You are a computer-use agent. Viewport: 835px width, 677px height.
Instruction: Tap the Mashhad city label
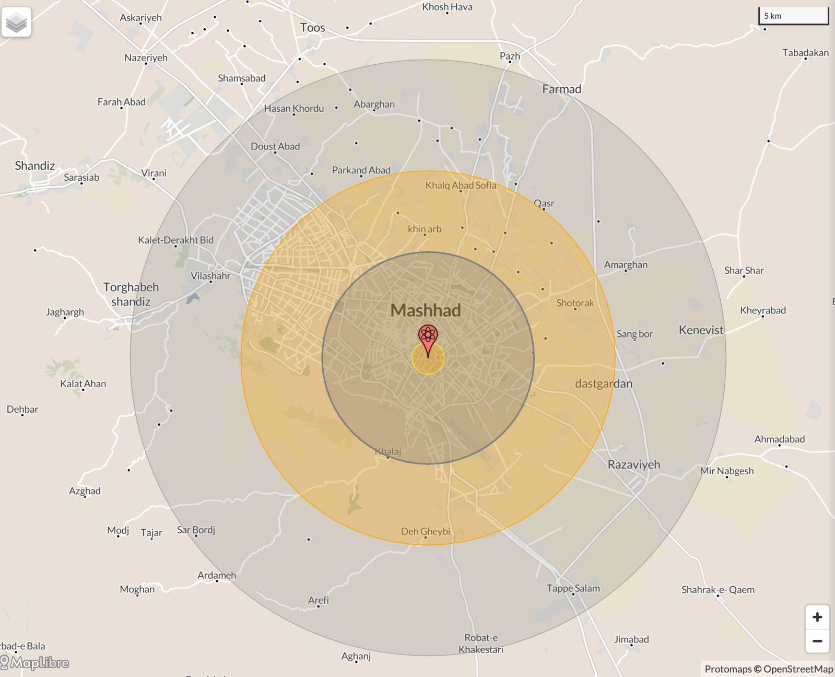(426, 310)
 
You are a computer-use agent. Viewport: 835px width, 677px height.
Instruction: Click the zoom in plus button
(817, 617)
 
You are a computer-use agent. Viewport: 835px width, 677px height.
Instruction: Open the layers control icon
(16, 22)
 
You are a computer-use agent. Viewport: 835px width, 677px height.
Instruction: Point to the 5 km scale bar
(793, 16)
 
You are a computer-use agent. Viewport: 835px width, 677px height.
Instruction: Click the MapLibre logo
(35, 663)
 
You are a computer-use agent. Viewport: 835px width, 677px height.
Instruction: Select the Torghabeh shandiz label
(131, 294)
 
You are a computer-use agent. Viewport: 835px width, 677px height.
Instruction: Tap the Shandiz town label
(35, 166)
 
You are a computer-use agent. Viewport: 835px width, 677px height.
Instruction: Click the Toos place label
(312, 28)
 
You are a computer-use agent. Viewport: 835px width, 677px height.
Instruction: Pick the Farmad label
(561, 89)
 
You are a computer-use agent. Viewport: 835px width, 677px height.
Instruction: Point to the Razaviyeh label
(634, 464)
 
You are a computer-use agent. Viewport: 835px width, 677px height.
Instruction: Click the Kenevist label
(701, 330)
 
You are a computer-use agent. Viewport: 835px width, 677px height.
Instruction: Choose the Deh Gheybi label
(425, 531)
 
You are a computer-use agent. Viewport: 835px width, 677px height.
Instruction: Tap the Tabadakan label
(805, 53)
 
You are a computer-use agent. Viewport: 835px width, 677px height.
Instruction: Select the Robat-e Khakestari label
(481, 644)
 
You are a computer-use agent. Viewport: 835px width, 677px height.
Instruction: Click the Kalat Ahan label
(83, 384)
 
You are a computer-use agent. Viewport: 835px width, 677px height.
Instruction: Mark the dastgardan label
(604, 384)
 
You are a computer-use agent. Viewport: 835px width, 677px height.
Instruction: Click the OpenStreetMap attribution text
(798, 669)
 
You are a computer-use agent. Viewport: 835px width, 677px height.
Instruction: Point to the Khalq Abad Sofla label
(461, 185)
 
